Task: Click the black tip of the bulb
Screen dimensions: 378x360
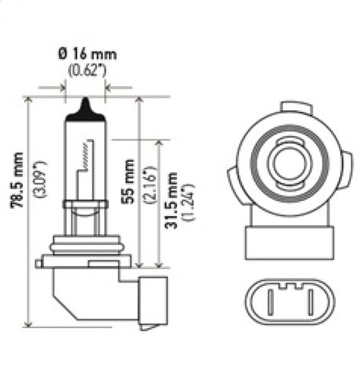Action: (85, 110)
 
